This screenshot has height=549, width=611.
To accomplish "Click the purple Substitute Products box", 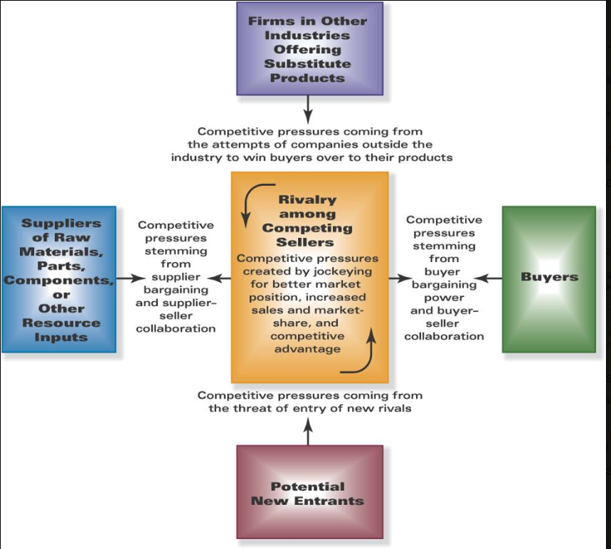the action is (x=310, y=48).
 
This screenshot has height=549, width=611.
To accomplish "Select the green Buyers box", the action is (x=549, y=279).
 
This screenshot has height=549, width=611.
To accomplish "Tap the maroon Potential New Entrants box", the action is (x=310, y=492).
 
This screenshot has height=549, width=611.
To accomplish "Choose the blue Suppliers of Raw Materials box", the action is (x=59, y=279).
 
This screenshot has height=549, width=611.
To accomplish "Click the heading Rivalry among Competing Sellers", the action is (x=307, y=221).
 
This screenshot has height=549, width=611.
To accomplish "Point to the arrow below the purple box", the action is (x=308, y=109).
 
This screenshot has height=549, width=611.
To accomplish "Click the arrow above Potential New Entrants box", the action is (x=308, y=432).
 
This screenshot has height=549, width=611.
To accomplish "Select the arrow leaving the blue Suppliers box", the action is (x=131, y=278).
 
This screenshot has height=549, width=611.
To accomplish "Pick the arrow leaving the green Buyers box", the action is (x=488, y=278).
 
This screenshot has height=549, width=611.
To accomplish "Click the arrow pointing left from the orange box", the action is (x=219, y=278).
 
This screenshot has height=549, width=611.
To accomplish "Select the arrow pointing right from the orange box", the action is (x=400, y=278).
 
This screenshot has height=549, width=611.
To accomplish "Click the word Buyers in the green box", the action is (x=549, y=277).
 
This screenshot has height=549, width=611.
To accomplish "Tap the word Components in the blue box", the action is (x=59, y=280).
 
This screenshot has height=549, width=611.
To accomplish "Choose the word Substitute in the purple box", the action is (x=307, y=64).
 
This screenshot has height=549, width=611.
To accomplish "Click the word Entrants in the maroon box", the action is (x=329, y=501).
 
